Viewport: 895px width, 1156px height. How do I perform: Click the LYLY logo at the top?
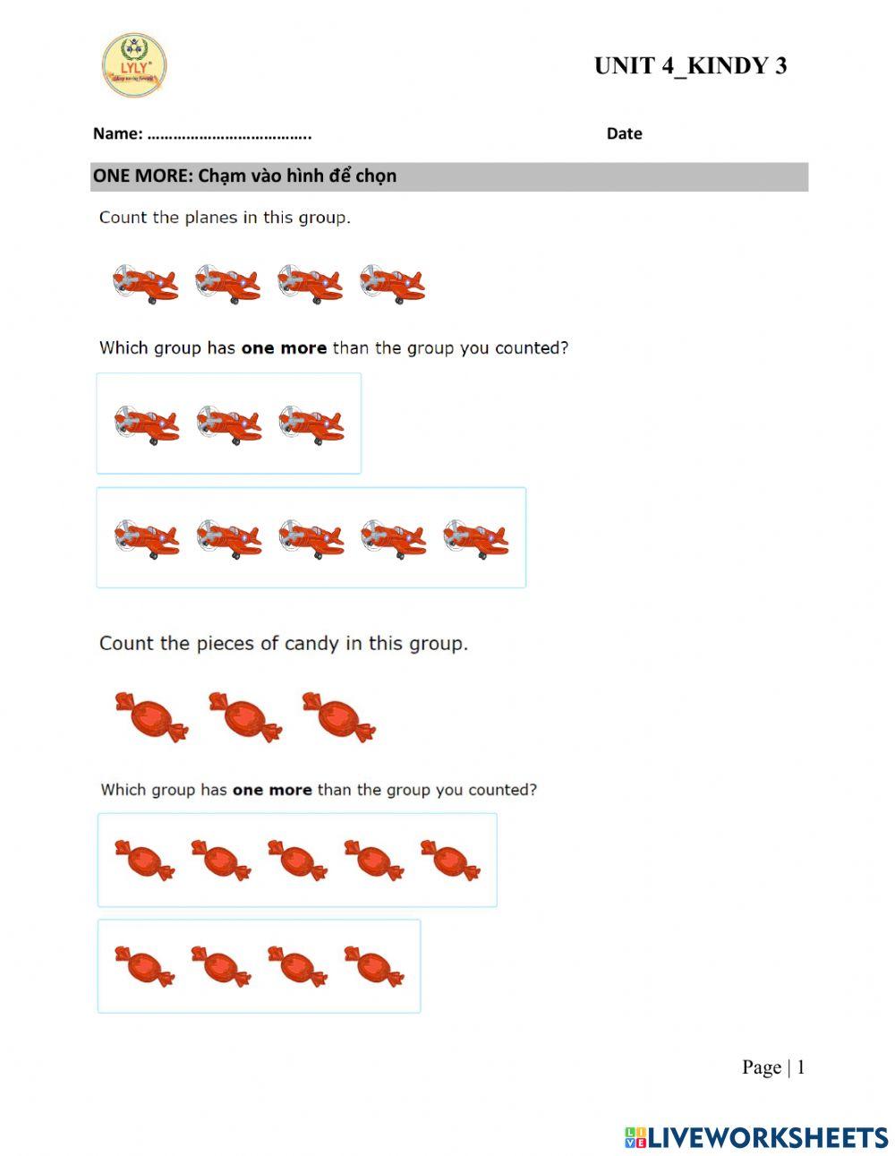click(x=133, y=65)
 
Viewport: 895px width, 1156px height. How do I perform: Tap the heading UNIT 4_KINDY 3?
click(x=690, y=66)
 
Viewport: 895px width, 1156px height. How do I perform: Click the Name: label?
click(x=117, y=134)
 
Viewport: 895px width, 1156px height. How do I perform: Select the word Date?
click(x=624, y=133)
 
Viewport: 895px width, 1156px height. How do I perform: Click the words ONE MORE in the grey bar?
click(x=141, y=176)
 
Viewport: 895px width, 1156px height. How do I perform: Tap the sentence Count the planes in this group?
click(x=225, y=218)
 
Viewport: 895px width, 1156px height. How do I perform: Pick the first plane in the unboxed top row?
click(x=145, y=284)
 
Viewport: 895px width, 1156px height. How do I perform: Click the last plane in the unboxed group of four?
click(x=392, y=284)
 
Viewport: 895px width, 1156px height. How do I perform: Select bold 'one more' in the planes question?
click(x=284, y=348)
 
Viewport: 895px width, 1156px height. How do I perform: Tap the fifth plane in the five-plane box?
click(x=475, y=538)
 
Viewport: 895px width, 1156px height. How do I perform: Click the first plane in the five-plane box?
click(x=147, y=538)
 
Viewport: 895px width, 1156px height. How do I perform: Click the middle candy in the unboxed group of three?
click(x=245, y=716)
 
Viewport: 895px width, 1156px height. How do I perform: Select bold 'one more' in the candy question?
click(x=272, y=791)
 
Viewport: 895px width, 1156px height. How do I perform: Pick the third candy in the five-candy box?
click(x=297, y=861)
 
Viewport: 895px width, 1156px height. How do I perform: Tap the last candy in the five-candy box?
click(x=450, y=861)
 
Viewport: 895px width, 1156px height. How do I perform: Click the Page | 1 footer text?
click(x=772, y=1067)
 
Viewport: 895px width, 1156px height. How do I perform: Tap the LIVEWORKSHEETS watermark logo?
click(x=756, y=1137)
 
